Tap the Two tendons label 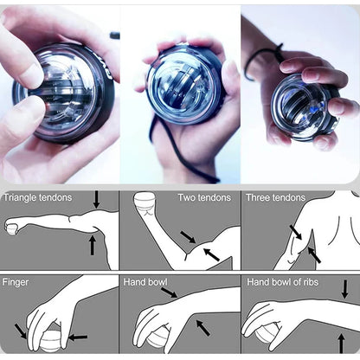[x=204, y=197]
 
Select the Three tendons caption [x=275, y=197]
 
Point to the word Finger [x=16, y=282]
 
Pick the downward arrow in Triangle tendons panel [x=95, y=200]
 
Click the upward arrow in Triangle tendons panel [x=92, y=246]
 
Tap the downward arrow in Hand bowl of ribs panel [x=344, y=288]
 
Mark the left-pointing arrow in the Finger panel [x=77, y=336]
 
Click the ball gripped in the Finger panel [x=47, y=340]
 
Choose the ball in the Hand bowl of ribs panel [x=265, y=334]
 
